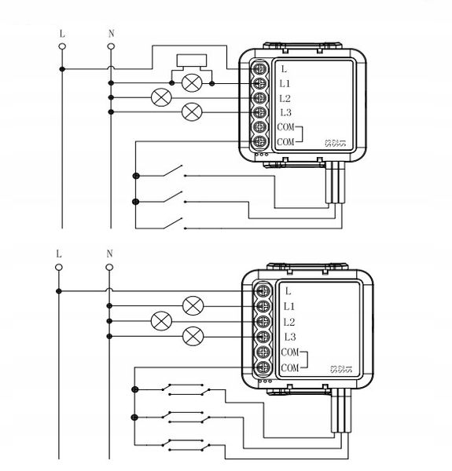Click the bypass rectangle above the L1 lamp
point(191,60)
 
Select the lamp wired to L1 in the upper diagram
point(191,82)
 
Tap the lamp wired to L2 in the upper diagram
point(161,98)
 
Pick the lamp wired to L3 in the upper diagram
point(191,112)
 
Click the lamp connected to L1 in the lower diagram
point(192,305)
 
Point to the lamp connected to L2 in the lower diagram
point(161,321)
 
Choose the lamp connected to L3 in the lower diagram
point(192,337)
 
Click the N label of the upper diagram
point(110,34)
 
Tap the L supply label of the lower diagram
point(59,254)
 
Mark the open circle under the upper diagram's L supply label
point(61,46)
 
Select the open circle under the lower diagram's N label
point(110,266)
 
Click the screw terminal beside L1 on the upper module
point(257,83)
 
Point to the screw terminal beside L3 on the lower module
point(261,338)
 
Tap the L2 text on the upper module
point(285,98)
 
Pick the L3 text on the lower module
point(288,338)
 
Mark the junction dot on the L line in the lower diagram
point(59,290)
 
